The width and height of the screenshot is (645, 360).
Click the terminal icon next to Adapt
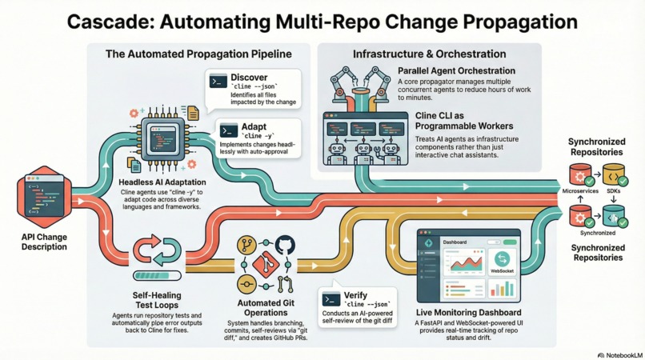coord(229,130)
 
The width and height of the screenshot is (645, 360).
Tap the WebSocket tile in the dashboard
coord(503,262)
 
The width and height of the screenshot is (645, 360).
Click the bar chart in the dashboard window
coord(503,289)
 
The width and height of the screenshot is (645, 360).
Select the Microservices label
coord(580,192)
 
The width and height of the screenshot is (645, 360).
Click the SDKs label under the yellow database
coord(615,192)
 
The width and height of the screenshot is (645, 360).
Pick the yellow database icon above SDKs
coord(612,174)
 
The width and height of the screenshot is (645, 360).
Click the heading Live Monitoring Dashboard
coord(469,312)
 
